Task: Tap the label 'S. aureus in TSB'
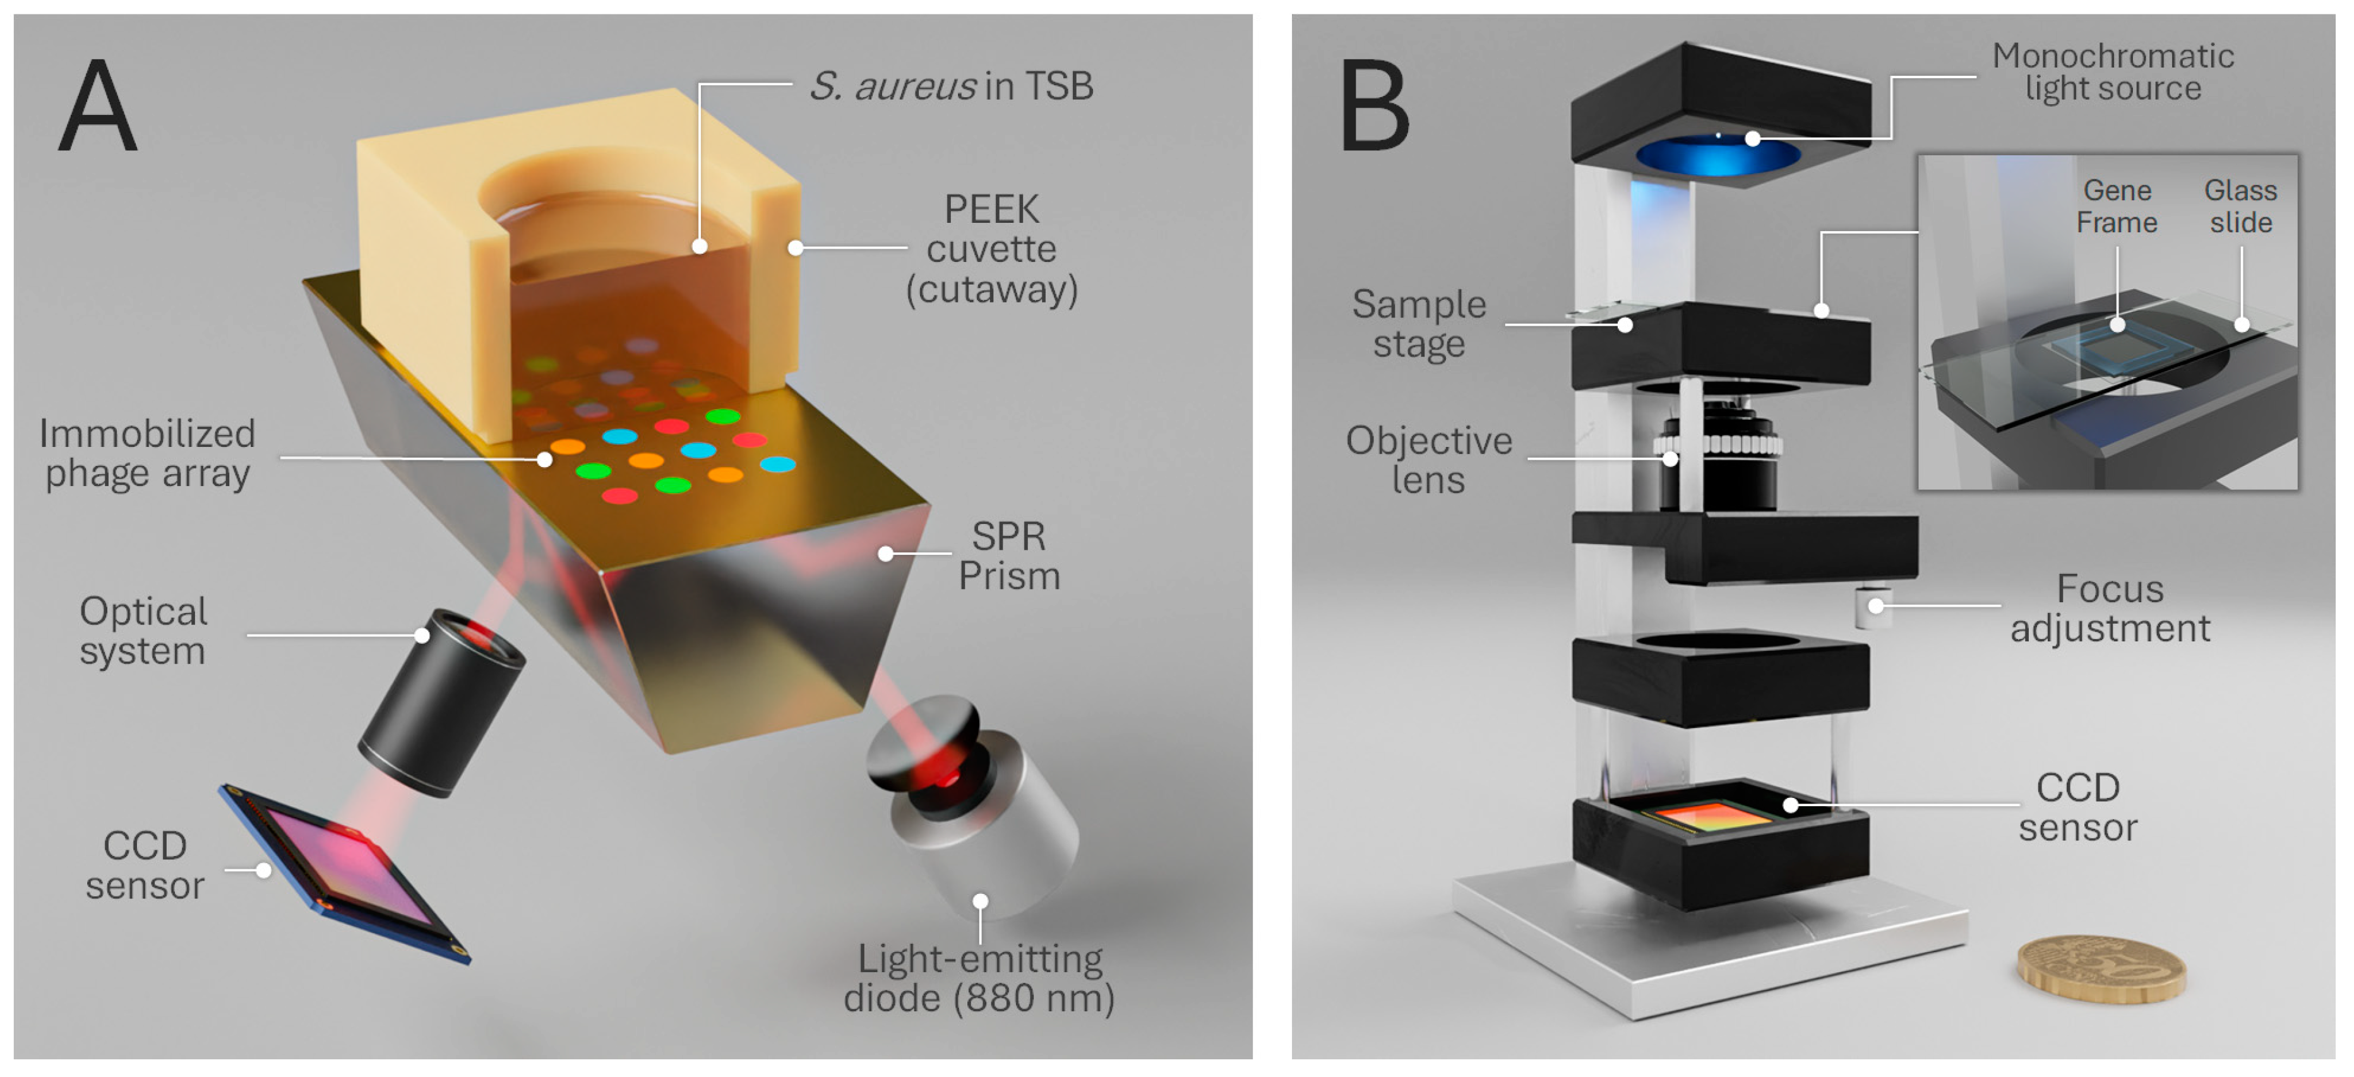click(x=950, y=86)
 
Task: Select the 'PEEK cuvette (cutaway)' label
click(x=991, y=249)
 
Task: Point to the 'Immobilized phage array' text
click(x=146, y=454)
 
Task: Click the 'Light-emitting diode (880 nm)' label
click(x=979, y=979)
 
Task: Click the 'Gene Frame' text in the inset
click(x=2117, y=206)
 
